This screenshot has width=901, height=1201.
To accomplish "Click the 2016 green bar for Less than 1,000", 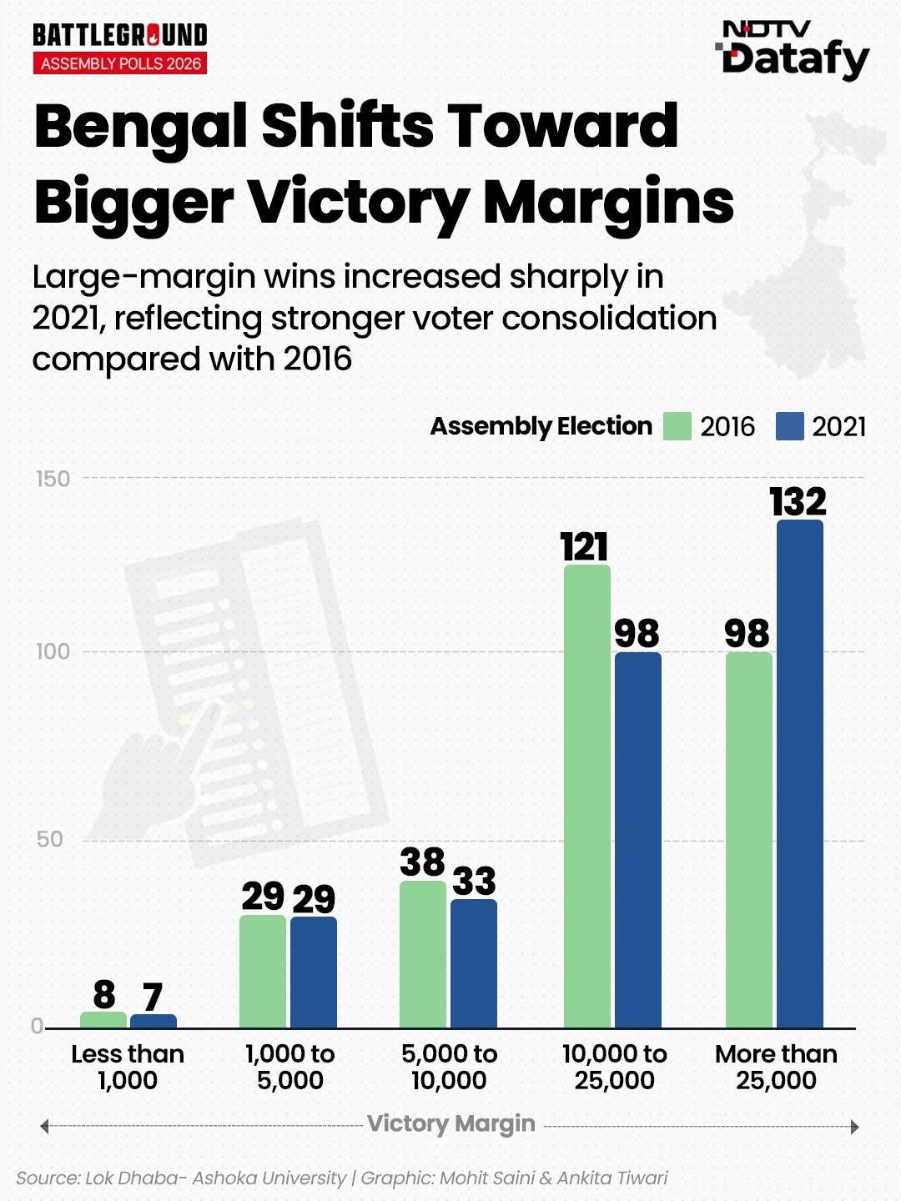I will coord(103,1019).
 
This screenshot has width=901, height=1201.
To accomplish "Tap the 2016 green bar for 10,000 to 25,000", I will coord(586,796).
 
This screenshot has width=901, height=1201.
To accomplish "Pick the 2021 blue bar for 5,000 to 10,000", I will coord(473,963).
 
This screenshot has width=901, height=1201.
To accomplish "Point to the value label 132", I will coord(798,502).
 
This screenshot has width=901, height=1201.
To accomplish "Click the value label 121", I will coord(584,547).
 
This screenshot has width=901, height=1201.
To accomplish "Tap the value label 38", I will coord(422,862).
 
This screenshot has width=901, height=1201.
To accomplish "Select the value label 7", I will coord(152,997).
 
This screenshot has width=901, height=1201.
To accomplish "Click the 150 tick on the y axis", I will coord(53,479).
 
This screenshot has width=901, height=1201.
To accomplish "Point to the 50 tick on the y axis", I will coord(50,839).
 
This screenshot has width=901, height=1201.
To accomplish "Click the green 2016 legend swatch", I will coord(677,426).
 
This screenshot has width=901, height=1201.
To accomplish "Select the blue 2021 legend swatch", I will coord(789,426).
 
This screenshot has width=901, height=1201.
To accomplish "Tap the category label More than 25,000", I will coord(776,1067).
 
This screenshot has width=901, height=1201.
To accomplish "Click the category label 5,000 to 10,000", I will coord(449,1067).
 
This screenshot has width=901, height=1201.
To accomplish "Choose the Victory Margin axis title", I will coord(451,1123).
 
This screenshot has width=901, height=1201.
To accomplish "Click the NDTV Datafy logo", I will coord(793,50).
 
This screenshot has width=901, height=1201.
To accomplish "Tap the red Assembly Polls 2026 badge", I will coord(120,63).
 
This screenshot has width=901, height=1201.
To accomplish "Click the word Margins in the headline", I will coord(609,203).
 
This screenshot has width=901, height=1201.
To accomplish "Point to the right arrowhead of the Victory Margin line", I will coord(854,1127).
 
